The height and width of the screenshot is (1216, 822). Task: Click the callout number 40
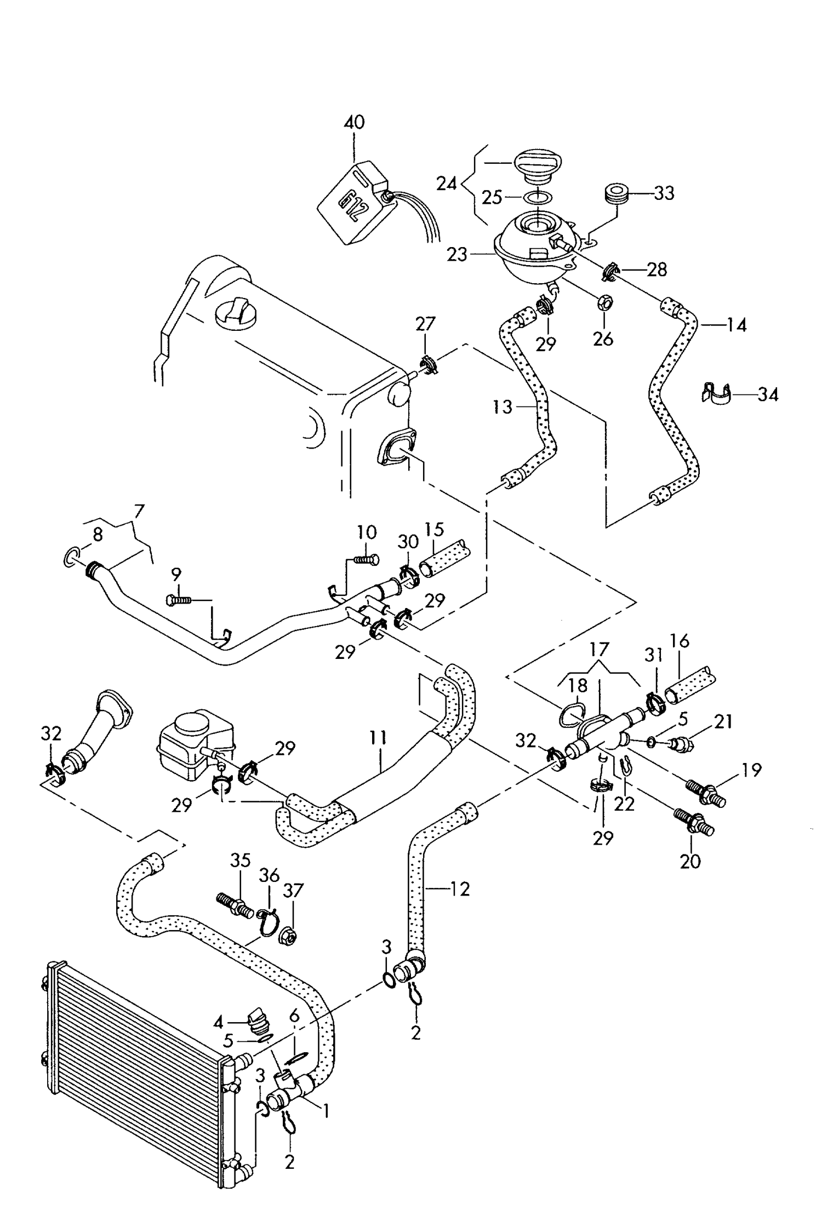coord(354,122)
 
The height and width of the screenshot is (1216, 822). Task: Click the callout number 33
coord(664,193)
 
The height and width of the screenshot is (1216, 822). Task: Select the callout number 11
coord(378,738)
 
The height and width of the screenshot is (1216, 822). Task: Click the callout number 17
coord(599,650)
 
